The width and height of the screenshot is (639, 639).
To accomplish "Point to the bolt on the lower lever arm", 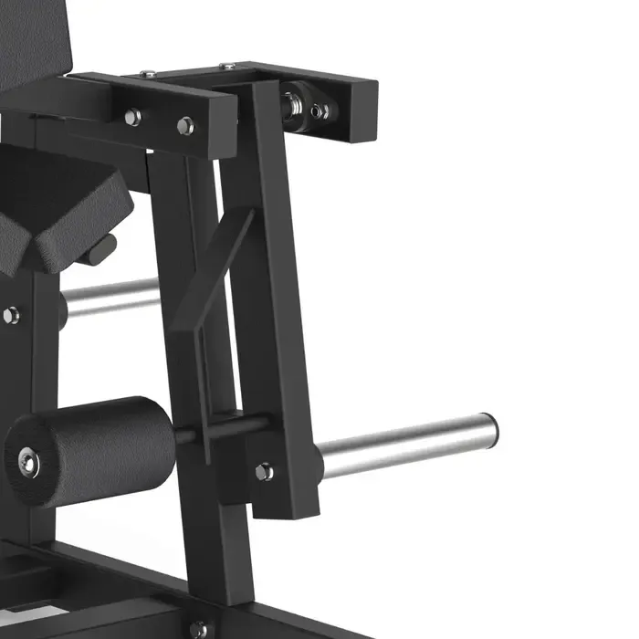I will point(264,471).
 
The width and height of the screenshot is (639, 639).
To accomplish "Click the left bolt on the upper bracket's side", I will point(133,116).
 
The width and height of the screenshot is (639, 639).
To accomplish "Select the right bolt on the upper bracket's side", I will point(185,126).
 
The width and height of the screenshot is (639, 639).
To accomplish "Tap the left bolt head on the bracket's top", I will point(148,73).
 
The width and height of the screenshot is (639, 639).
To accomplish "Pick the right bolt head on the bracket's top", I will point(226,66).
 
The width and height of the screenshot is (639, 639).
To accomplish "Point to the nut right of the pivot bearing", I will point(319,110).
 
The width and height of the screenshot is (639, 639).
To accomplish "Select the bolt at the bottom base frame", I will point(198,629).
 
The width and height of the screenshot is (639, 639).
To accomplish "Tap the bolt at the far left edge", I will point(9,315).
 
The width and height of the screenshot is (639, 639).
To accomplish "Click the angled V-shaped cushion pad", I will point(64,215).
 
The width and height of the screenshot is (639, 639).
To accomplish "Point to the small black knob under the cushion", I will point(102,248).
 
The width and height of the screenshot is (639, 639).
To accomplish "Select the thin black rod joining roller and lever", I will point(219,427).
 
